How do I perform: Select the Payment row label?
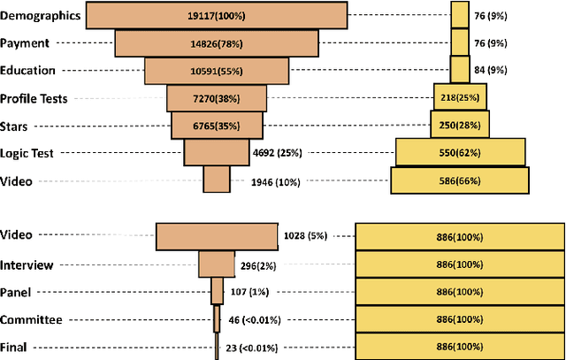tap(26, 42)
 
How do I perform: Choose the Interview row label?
tap(27, 264)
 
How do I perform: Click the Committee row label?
tap(32, 319)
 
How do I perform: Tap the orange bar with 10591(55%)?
tap(215, 71)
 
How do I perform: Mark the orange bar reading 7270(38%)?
tap(215, 98)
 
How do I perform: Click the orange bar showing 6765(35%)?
tap(215, 126)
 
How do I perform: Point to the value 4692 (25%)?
tap(277, 153)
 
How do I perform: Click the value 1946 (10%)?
tap(277, 181)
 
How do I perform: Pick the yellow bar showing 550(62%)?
tap(459, 153)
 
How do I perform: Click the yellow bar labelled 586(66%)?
tap(459, 181)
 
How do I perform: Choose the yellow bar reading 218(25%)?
tap(459, 98)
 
